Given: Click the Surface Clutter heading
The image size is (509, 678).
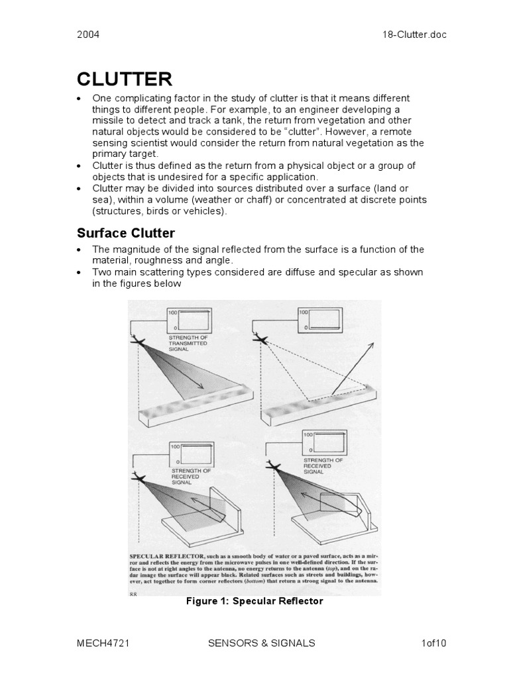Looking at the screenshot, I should pyautogui.click(x=125, y=232).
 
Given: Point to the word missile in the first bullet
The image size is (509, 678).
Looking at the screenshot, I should pyautogui.click(x=109, y=121).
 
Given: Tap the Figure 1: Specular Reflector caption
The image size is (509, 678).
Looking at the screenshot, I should pyautogui.click(x=254, y=601).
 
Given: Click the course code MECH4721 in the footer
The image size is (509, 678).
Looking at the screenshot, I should pyautogui.click(x=101, y=643).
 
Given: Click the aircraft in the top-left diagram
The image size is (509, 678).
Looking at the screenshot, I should pyautogui.click(x=140, y=341).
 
